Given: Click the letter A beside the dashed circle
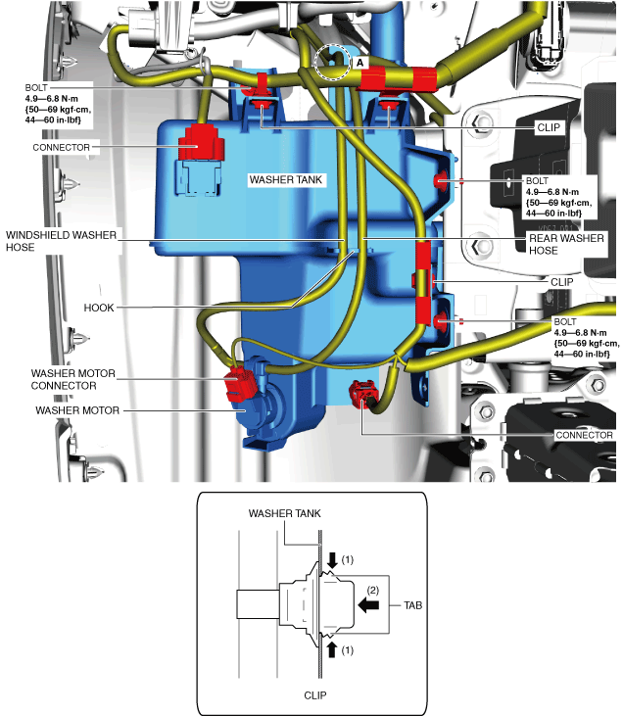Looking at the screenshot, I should tap(359, 62).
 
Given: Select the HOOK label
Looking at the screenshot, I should tap(99, 307).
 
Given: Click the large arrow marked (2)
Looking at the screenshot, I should tap(369, 606).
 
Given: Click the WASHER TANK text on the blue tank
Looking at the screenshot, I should tap(284, 180).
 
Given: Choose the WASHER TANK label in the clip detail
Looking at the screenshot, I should tap(284, 513).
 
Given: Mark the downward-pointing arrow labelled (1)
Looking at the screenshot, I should tap(332, 561).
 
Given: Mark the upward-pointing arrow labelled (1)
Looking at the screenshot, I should tap(332, 648).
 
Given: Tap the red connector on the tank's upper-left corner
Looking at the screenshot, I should tap(200, 141).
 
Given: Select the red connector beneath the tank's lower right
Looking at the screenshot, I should tap(359, 394).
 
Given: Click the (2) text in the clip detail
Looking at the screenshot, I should tap(373, 590).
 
